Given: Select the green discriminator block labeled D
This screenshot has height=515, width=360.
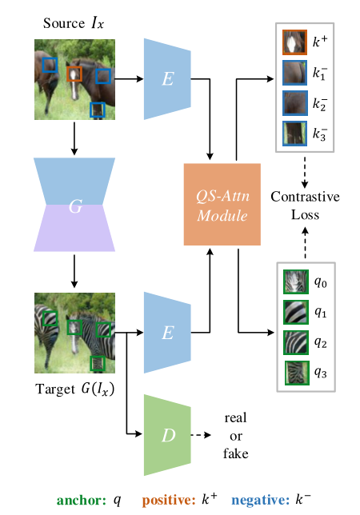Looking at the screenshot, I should click(x=167, y=435).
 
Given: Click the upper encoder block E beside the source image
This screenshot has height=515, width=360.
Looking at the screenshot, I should click(x=167, y=78).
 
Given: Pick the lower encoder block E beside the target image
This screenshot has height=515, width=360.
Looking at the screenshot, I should click(x=167, y=332).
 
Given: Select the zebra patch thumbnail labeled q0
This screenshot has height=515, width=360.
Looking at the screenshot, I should click(x=294, y=282).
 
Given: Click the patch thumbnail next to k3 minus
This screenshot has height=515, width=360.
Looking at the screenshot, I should click(x=294, y=133).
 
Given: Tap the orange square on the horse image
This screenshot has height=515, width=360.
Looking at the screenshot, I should click(x=74, y=74).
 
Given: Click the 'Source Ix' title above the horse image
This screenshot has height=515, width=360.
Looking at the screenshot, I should click(x=73, y=22).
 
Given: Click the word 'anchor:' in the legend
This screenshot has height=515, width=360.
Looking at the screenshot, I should click(x=81, y=499).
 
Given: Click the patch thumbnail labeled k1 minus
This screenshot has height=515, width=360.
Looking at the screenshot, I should click(x=294, y=73).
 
